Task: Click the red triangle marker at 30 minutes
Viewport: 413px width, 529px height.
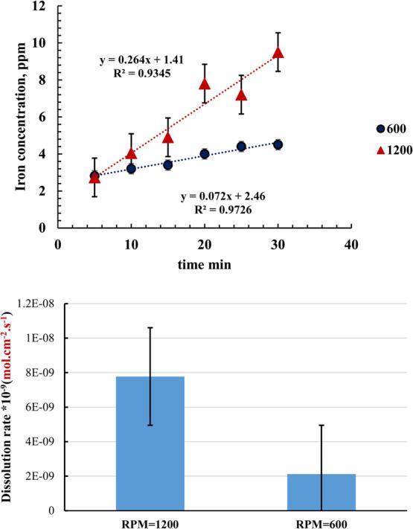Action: click(x=278, y=53)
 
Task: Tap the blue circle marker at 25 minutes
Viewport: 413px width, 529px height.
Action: click(x=241, y=147)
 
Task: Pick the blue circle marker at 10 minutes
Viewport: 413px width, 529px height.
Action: click(x=132, y=169)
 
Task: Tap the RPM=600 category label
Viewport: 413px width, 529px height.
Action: click(x=321, y=522)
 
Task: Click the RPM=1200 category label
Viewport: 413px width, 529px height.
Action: click(x=150, y=522)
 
